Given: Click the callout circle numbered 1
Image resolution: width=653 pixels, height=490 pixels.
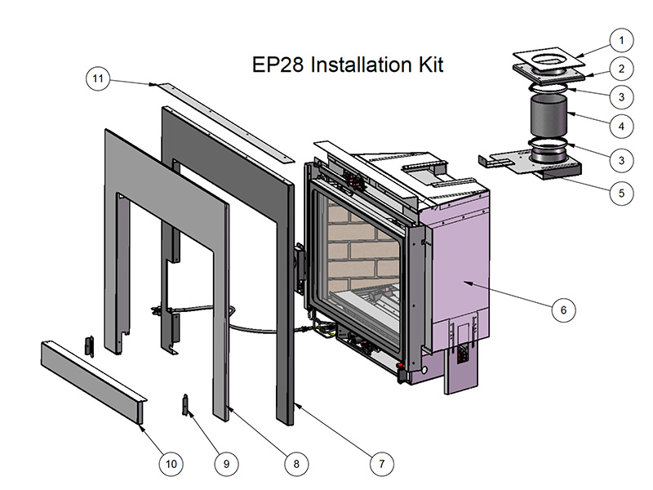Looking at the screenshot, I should click(621, 40).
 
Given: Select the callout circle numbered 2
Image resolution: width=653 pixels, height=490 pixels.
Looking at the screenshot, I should click(621, 69).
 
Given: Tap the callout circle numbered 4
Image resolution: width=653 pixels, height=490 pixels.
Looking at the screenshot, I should click(621, 127).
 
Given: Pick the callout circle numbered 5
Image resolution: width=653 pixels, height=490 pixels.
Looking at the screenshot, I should click(621, 194).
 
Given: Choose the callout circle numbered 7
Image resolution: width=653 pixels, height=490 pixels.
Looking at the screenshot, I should click(380, 463).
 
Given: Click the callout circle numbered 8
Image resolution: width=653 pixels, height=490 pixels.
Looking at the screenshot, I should click(296, 463).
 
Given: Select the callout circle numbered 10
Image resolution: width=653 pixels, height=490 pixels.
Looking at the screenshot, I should click(171, 463).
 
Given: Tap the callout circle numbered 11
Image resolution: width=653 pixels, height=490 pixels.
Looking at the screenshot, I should click(98, 78).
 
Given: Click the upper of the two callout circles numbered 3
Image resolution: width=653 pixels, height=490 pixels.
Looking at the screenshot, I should click(621, 97).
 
